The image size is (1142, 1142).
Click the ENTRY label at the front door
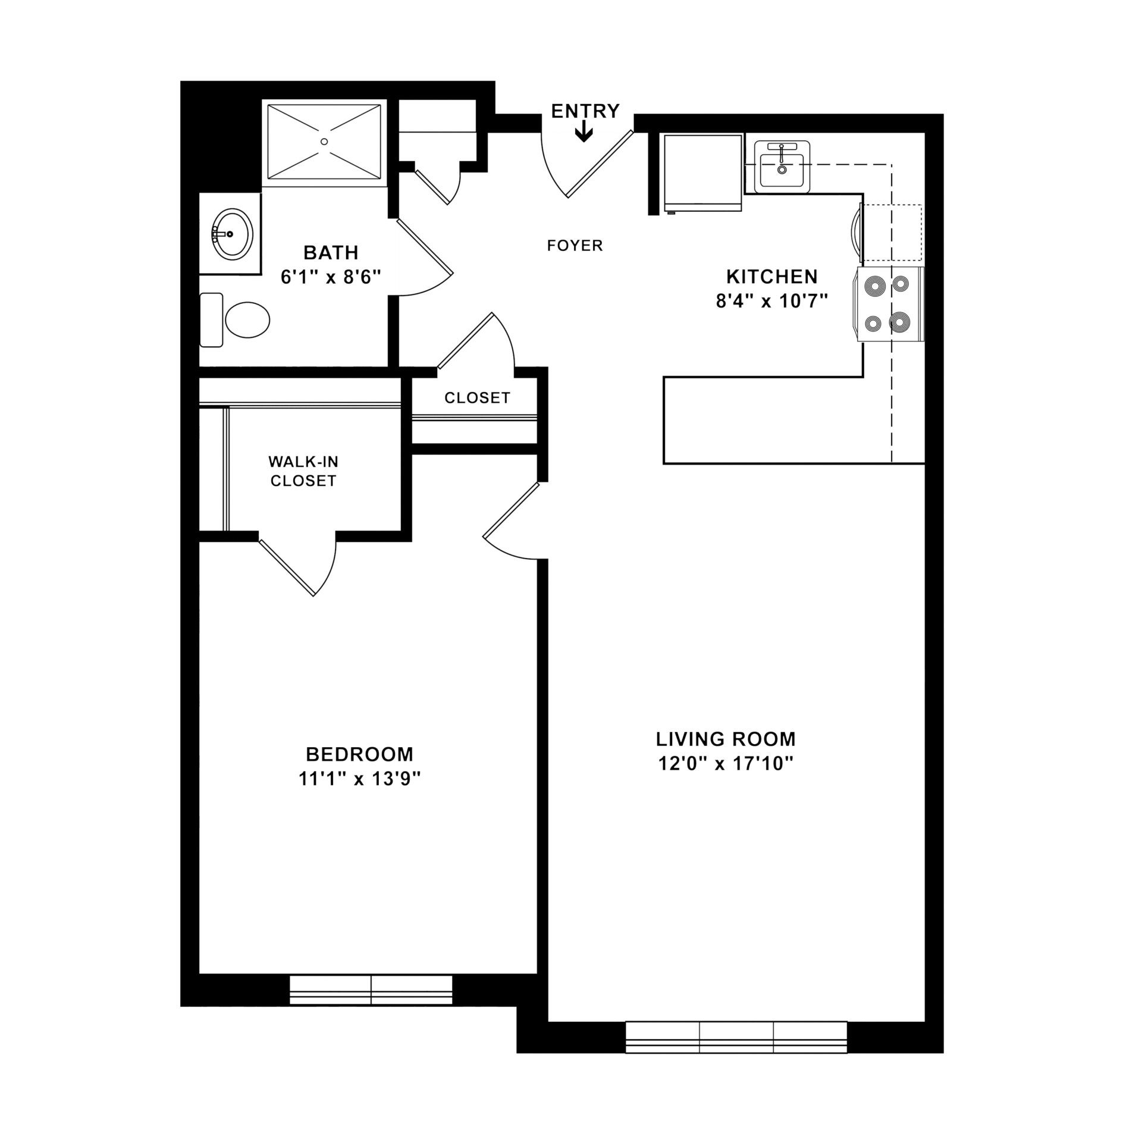tap(585, 111)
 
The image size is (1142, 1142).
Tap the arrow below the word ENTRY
tap(585, 132)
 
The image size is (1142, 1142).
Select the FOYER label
tap(575, 245)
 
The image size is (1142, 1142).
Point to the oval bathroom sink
tap(233, 234)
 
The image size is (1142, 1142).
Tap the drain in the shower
tap(324, 142)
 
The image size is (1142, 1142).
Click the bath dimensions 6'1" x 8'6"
tap(331, 277)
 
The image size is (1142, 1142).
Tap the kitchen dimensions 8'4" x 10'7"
tap(772, 302)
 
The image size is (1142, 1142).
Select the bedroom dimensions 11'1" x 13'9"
tap(359, 779)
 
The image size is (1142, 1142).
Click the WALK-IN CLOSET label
tap(303, 471)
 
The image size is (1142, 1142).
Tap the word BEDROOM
tap(359, 754)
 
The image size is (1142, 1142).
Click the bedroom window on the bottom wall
tap(371, 990)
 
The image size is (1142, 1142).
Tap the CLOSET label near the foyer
tap(477, 397)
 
